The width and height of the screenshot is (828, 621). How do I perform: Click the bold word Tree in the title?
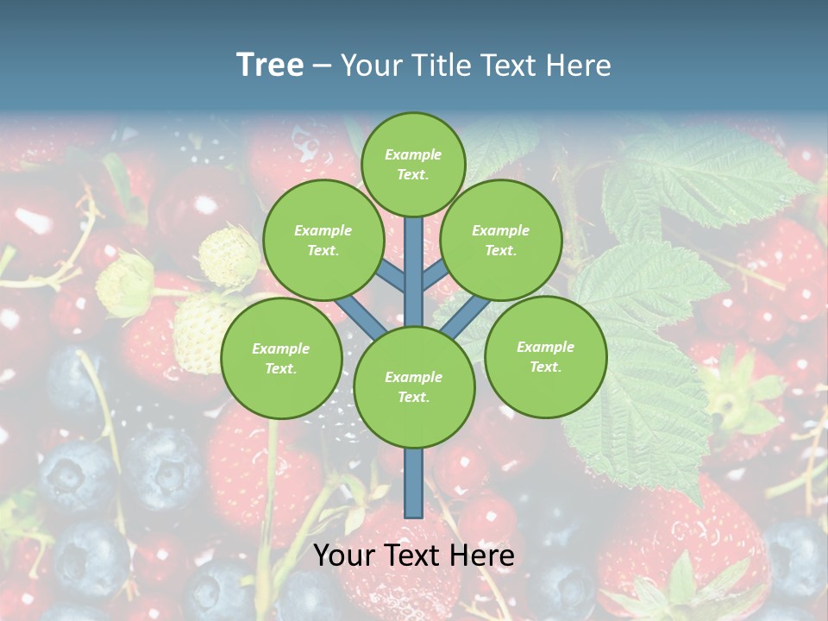tap(270, 66)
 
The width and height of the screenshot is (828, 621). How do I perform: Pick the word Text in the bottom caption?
tap(414, 555)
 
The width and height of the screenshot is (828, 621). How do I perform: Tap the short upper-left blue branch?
tap(392, 276)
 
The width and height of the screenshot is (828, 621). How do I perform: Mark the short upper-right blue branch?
tap(436, 275)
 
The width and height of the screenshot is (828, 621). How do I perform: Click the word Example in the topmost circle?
tap(413, 154)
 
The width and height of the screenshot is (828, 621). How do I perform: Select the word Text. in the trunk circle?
tap(413, 397)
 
